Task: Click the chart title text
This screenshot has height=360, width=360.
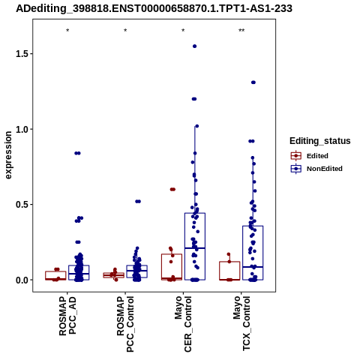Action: coord(154,9)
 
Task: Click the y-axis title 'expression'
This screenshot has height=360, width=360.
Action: coord(8,155)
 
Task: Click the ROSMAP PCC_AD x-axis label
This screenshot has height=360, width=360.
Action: coord(67,316)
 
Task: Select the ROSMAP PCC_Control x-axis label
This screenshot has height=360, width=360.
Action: coord(125,324)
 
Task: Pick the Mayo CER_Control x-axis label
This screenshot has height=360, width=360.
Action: coord(183,324)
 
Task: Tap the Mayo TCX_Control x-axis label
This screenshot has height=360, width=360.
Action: coord(241,323)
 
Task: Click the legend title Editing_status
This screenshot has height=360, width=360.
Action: coord(320,141)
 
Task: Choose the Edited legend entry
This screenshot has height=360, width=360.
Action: coord(310,156)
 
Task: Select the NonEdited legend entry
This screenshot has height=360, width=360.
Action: coord(316,169)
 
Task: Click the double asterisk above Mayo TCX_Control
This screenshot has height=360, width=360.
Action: coord(241,31)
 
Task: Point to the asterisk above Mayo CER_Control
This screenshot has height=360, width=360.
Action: coord(183,31)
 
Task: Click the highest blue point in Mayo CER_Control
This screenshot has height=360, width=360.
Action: coord(194,46)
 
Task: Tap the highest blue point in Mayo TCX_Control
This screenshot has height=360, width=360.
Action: coord(253,82)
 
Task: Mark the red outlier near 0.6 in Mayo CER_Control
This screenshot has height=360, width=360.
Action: coord(172,189)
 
